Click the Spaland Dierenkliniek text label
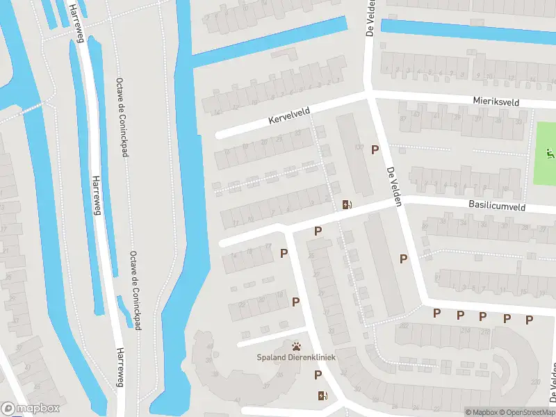click(x=297, y=359)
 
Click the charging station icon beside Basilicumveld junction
click(x=346, y=204)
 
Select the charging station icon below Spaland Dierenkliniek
click(x=322, y=396)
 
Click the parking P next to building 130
click(x=375, y=149)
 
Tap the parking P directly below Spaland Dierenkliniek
click(x=318, y=375)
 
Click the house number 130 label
click(x=359, y=147)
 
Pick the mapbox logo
click(x=29, y=408)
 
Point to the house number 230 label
click(x=534, y=382)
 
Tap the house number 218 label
click(x=484, y=331)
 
